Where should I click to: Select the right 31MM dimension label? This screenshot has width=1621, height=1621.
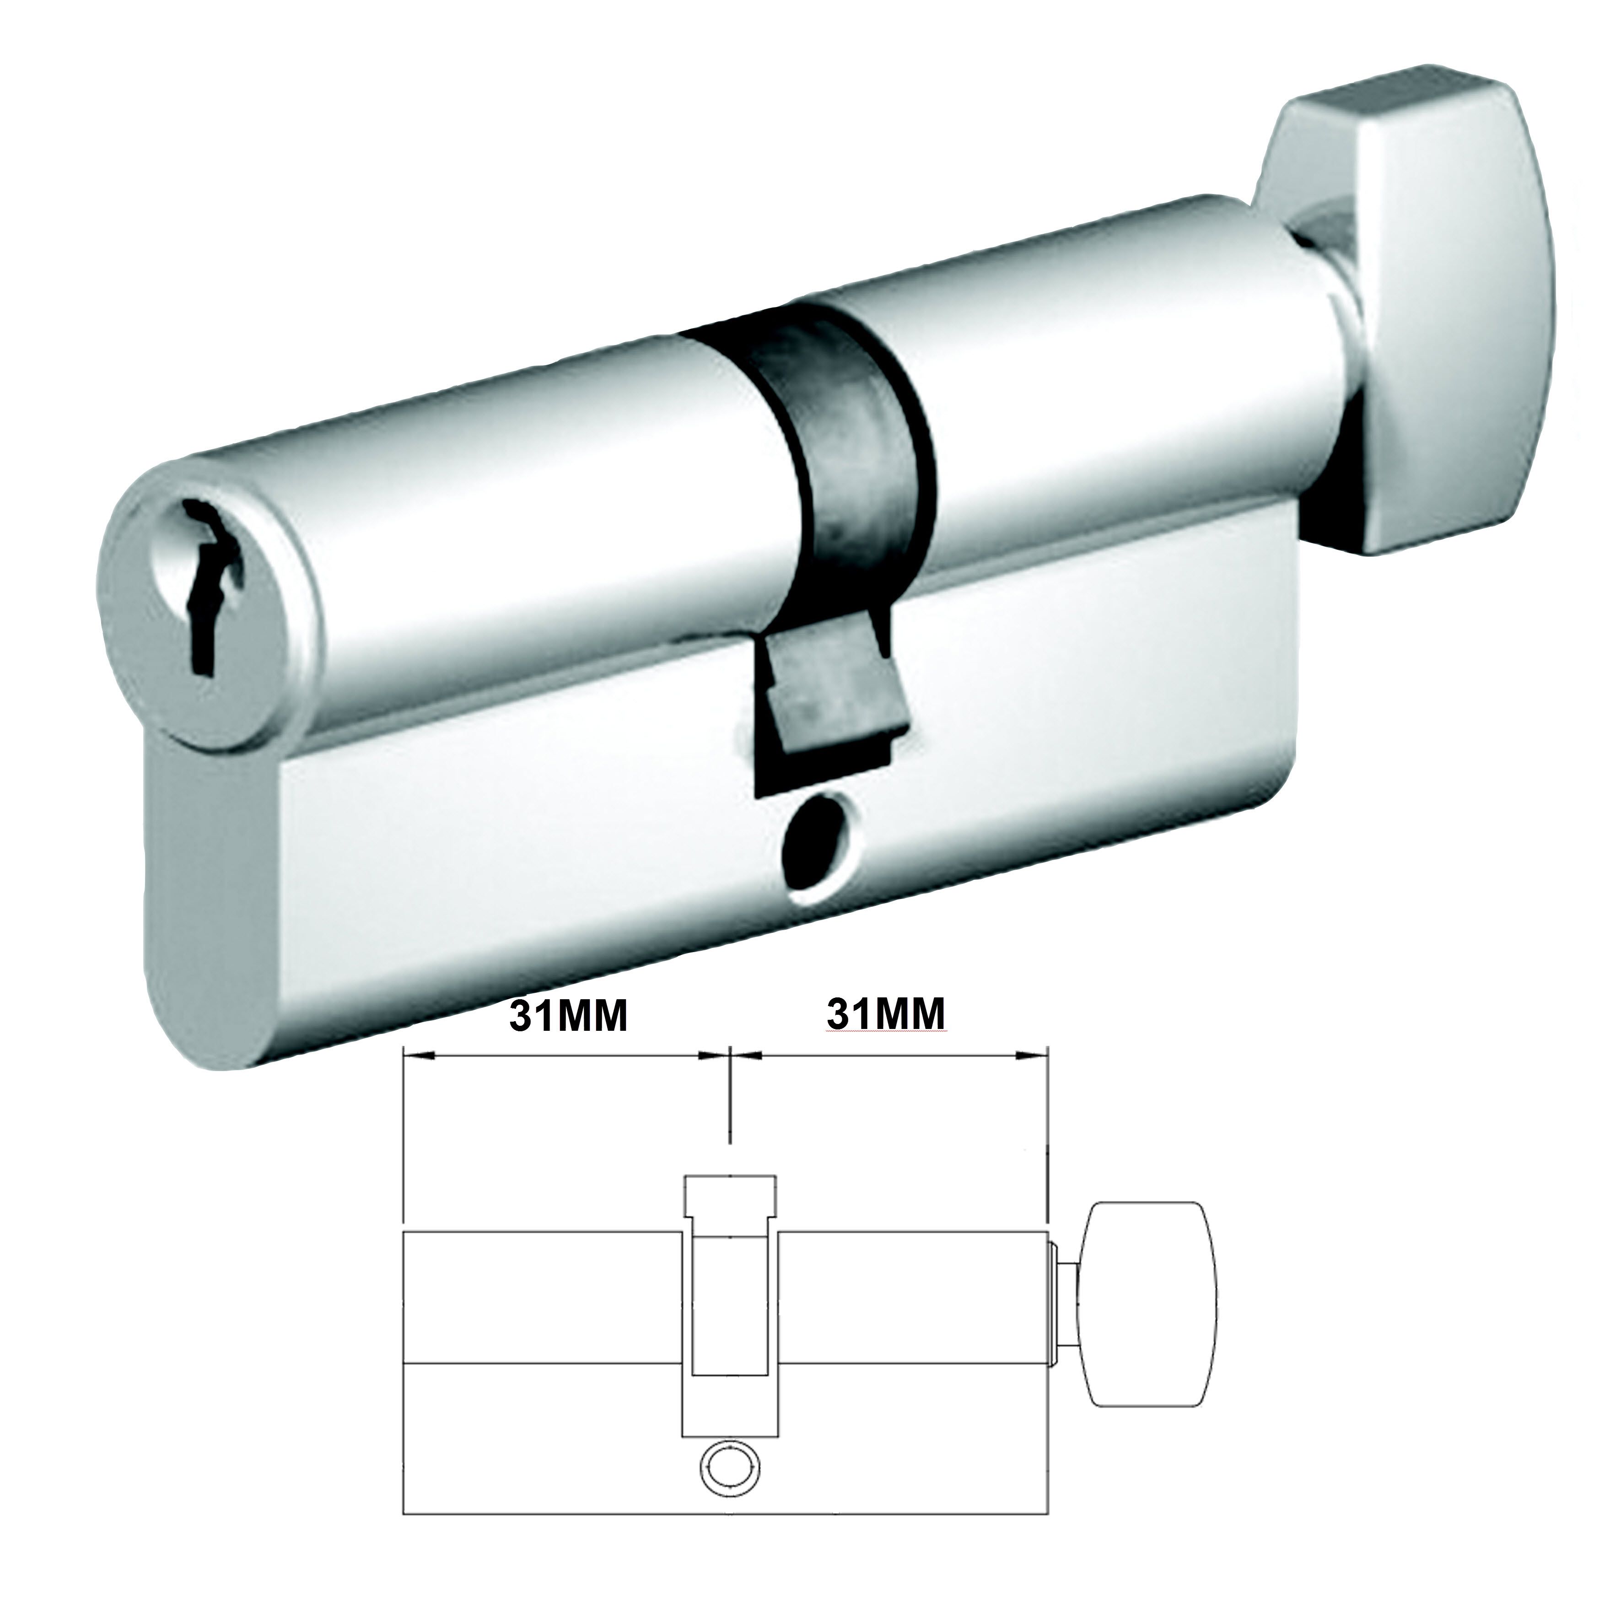click(887, 1016)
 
